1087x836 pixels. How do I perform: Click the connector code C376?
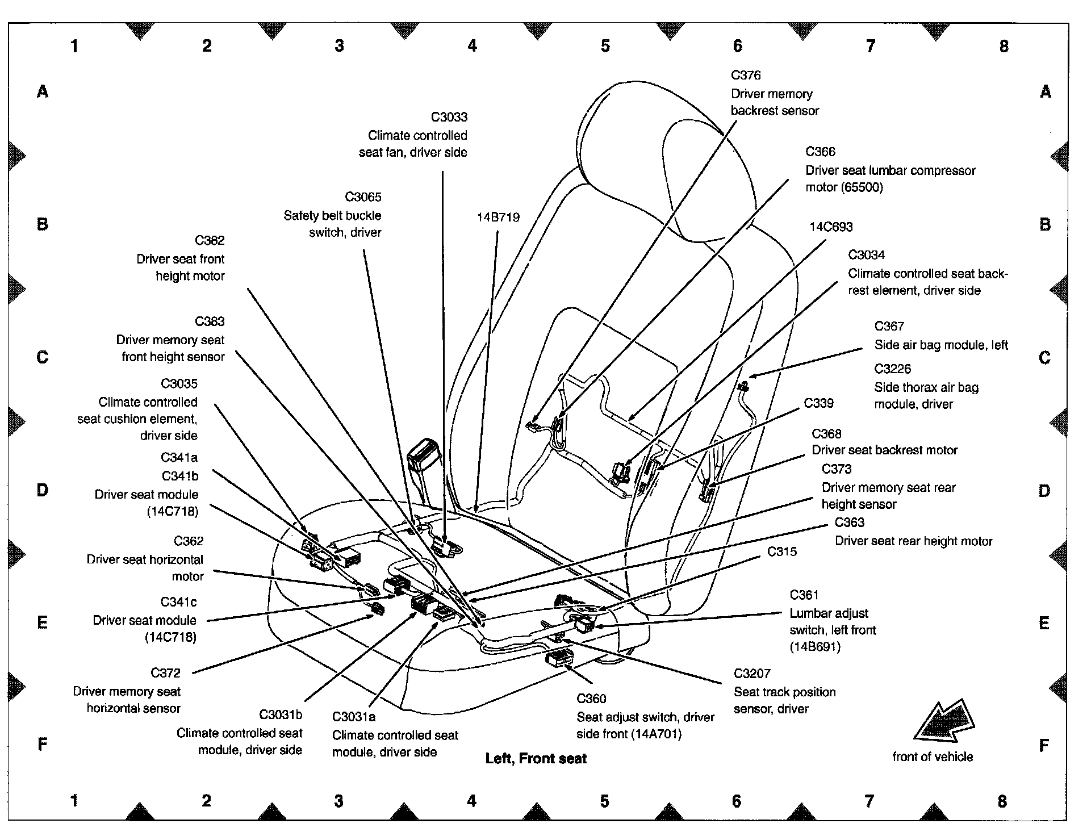click(x=746, y=75)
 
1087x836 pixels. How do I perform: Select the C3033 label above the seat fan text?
click(x=449, y=117)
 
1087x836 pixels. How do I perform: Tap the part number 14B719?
click(x=498, y=218)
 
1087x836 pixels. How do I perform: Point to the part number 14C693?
click(x=830, y=227)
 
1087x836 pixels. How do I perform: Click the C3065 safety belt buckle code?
click(x=363, y=197)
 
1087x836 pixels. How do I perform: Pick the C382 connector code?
click(x=210, y=240)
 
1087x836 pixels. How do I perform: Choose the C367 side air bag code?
click(x=889, y=326)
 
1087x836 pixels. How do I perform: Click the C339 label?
click(x=818, y=403)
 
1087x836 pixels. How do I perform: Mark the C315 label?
click(x=782, y=551)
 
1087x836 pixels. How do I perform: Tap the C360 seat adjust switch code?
click(x=591, y=699)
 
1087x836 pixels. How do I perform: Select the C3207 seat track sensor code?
click(x=752, y=674)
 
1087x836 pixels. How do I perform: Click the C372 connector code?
click(x=165, y=673)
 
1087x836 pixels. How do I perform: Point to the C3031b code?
click(x=281, y=714)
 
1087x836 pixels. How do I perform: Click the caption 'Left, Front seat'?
click(x=536, y=759)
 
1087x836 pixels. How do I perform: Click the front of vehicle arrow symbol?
click(x=943, y=721)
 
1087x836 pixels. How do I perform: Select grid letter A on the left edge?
click(x=43, y=91)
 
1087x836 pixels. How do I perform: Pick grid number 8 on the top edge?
click(x=1004, y=46)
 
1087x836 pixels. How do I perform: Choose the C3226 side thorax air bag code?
click(x=892, y=369)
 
